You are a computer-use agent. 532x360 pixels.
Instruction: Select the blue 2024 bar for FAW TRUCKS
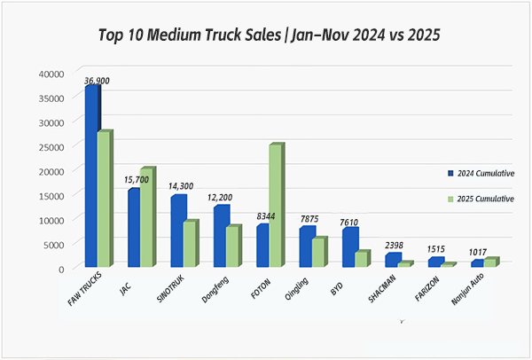click(x=90, y=177)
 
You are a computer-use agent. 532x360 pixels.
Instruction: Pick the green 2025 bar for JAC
click(x=146, y=218)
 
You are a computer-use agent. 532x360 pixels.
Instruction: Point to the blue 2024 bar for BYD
click(x=349, y=247)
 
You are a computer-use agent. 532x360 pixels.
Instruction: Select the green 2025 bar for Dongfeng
click(x=231, y=247)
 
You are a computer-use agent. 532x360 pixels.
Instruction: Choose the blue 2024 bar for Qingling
click(x=306, y=247)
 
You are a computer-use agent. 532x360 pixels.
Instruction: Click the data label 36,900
click(x=102, y=81)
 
